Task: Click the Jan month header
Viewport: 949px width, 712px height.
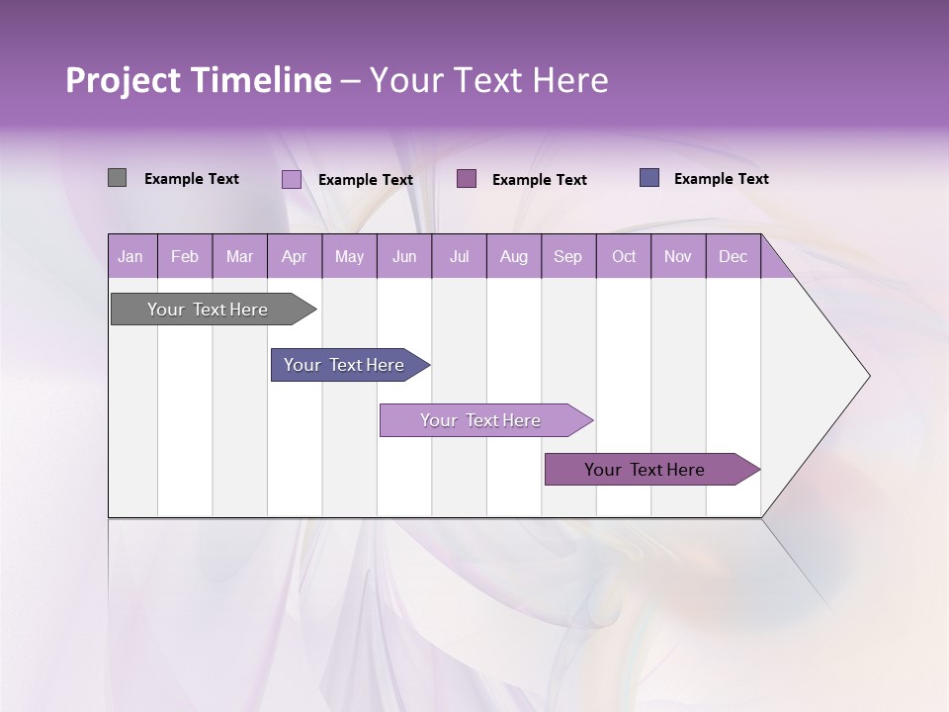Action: click(130, 256)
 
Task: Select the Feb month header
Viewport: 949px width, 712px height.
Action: click(185, 256)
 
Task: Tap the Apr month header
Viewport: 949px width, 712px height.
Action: click(294, 256)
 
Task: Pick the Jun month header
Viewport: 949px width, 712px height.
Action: click(404, 256)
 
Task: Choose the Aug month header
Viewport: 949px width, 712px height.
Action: click(513, 256)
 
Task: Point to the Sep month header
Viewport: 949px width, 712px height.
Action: click(567, 256)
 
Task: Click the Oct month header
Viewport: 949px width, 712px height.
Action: click(624, 256)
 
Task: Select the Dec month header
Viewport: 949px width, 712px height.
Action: click(733, 256)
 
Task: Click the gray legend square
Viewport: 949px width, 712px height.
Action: click(117, 178)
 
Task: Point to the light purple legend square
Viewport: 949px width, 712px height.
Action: click(292, 179)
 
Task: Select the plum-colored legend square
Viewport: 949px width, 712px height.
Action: click(467, 178)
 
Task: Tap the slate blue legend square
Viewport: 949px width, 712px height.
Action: click(649, 178)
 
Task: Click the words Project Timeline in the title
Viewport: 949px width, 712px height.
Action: click(198, 80)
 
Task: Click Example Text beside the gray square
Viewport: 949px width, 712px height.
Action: click(192, 179)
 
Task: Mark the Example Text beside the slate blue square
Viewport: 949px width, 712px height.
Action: click(721, 179)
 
